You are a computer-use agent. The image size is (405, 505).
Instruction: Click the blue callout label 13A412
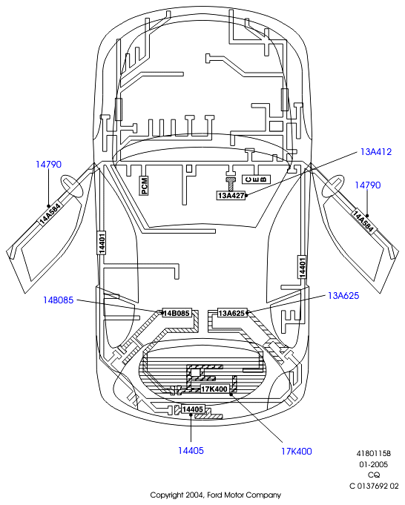pos(376,152)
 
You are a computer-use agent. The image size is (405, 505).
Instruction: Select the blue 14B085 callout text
pos(59,300)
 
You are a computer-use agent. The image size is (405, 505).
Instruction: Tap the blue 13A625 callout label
pos(343,296)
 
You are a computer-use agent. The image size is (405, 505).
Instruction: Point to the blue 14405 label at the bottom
pos(191,451)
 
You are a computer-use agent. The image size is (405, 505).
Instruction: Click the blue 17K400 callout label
pos(297,451)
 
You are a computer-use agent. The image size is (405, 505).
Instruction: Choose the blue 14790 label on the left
pos(48,164)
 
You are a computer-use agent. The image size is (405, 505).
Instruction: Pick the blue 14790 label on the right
pos(368,185)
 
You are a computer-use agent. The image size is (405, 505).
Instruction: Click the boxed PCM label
pos(144,185)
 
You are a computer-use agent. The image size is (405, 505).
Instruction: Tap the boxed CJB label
pos(256,179)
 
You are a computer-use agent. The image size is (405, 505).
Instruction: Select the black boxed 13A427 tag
pos(231,196)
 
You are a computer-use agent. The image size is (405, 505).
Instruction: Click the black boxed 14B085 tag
pos(177,313)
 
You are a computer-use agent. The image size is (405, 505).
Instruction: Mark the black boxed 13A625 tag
pos(232,313)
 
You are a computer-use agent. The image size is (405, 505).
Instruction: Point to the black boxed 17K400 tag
pos(214,389)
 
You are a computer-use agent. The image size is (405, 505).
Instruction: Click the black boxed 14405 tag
pos(193,409)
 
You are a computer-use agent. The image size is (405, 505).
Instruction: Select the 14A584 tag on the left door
pos(50,214)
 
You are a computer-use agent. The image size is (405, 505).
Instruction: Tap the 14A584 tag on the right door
pos(363,221)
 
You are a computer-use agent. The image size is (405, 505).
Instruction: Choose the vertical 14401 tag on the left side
pos(102,242)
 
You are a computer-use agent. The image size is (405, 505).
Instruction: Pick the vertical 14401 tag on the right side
pos(302,267)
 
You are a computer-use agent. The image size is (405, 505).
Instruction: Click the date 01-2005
pos(374,464)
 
